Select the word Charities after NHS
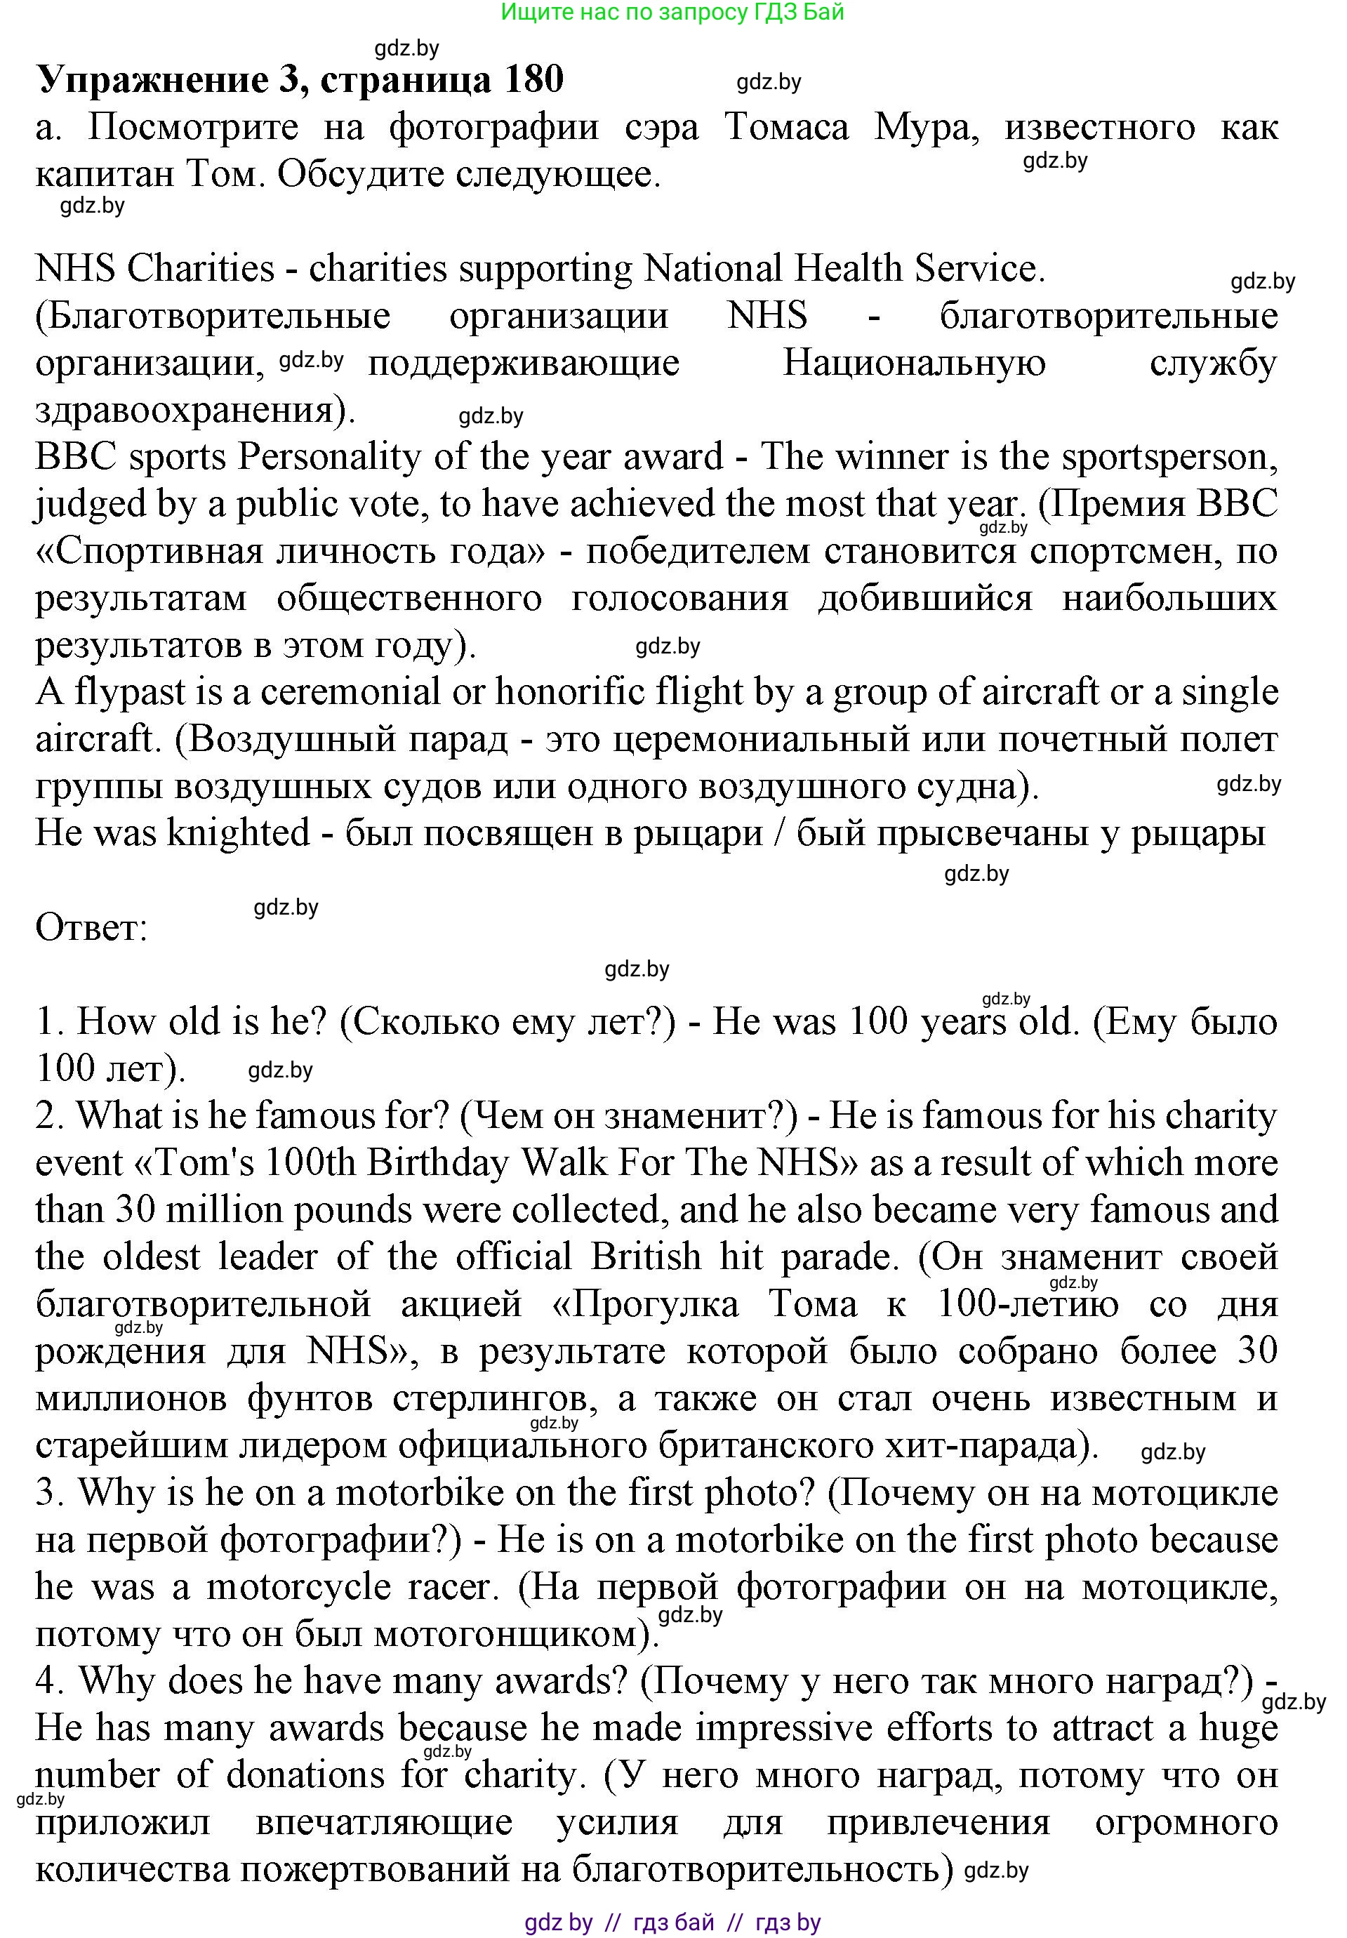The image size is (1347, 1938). (x=201, y=268)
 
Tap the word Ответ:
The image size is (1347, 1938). (x=91, y=929)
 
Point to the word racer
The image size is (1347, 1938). (x=449, y=1588)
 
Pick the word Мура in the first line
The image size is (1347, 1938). (x=926, y=128)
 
